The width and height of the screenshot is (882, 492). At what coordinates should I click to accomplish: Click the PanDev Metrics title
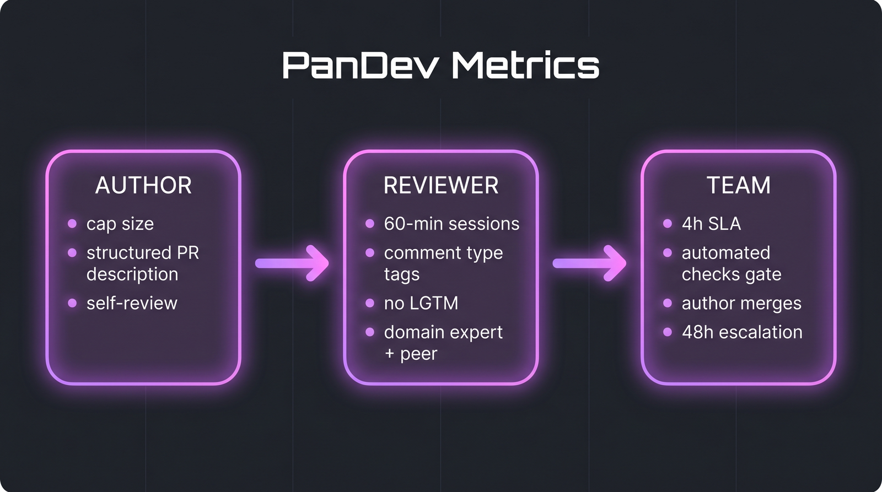[440, 66]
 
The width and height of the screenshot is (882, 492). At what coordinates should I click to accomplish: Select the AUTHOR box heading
[143, 185]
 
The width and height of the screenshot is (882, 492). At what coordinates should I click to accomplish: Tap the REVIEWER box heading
[441, 185]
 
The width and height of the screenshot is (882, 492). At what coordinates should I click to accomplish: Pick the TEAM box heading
[739, 185]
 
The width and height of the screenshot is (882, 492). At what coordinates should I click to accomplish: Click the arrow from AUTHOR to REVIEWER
[293, 263]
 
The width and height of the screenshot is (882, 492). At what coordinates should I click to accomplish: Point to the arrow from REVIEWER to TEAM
[590, 263]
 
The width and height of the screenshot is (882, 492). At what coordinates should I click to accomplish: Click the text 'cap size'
[120, 224]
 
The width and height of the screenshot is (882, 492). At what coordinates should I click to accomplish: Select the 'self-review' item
[132, 303]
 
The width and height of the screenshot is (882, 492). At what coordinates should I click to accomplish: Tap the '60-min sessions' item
[451, 224]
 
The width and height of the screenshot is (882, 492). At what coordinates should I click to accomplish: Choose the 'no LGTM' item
[421, 303]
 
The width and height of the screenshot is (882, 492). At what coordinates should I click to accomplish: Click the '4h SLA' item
[711, 224]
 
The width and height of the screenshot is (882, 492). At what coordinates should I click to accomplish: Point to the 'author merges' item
[741, 303]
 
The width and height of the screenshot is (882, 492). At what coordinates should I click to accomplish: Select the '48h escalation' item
[742, 332]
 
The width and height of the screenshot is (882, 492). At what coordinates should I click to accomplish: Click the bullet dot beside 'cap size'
[72, 224]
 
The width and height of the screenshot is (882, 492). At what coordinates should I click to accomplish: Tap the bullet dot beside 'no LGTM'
[370, 303]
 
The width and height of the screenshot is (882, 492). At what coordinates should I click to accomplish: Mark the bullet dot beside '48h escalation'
[668, 332]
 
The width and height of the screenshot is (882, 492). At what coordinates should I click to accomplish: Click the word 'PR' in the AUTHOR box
[188, 253]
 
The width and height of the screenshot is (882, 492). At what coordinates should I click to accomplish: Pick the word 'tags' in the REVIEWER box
[402, 274]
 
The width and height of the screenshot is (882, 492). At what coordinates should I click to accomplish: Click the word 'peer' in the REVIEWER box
[418, 354]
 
